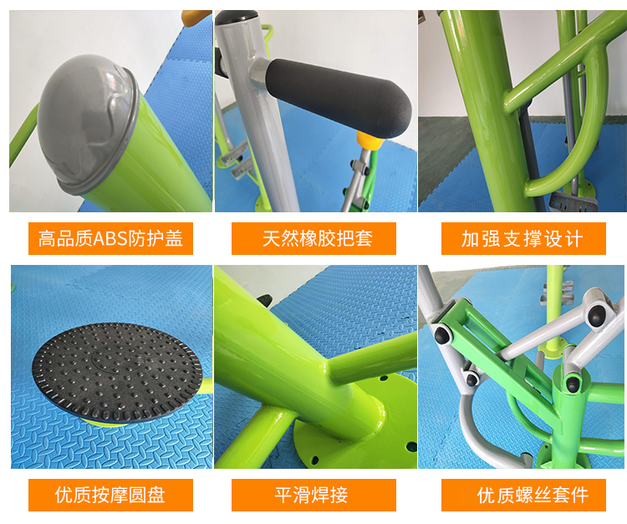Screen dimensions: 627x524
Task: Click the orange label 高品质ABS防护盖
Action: coord(110,238)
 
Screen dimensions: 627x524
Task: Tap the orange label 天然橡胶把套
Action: coord(313,238)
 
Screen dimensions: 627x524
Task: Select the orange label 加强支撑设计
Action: coord(523,238)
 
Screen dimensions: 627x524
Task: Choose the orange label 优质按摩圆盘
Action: coord(110,495)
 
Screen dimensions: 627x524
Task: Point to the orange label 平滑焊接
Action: coord(313,495)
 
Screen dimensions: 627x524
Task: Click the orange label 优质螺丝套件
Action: coord(523,495)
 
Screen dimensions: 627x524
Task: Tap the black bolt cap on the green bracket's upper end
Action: coord(443,334)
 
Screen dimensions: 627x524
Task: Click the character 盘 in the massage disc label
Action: coord(156,496)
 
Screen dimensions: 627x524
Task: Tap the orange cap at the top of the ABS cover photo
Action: coord(196,18)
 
